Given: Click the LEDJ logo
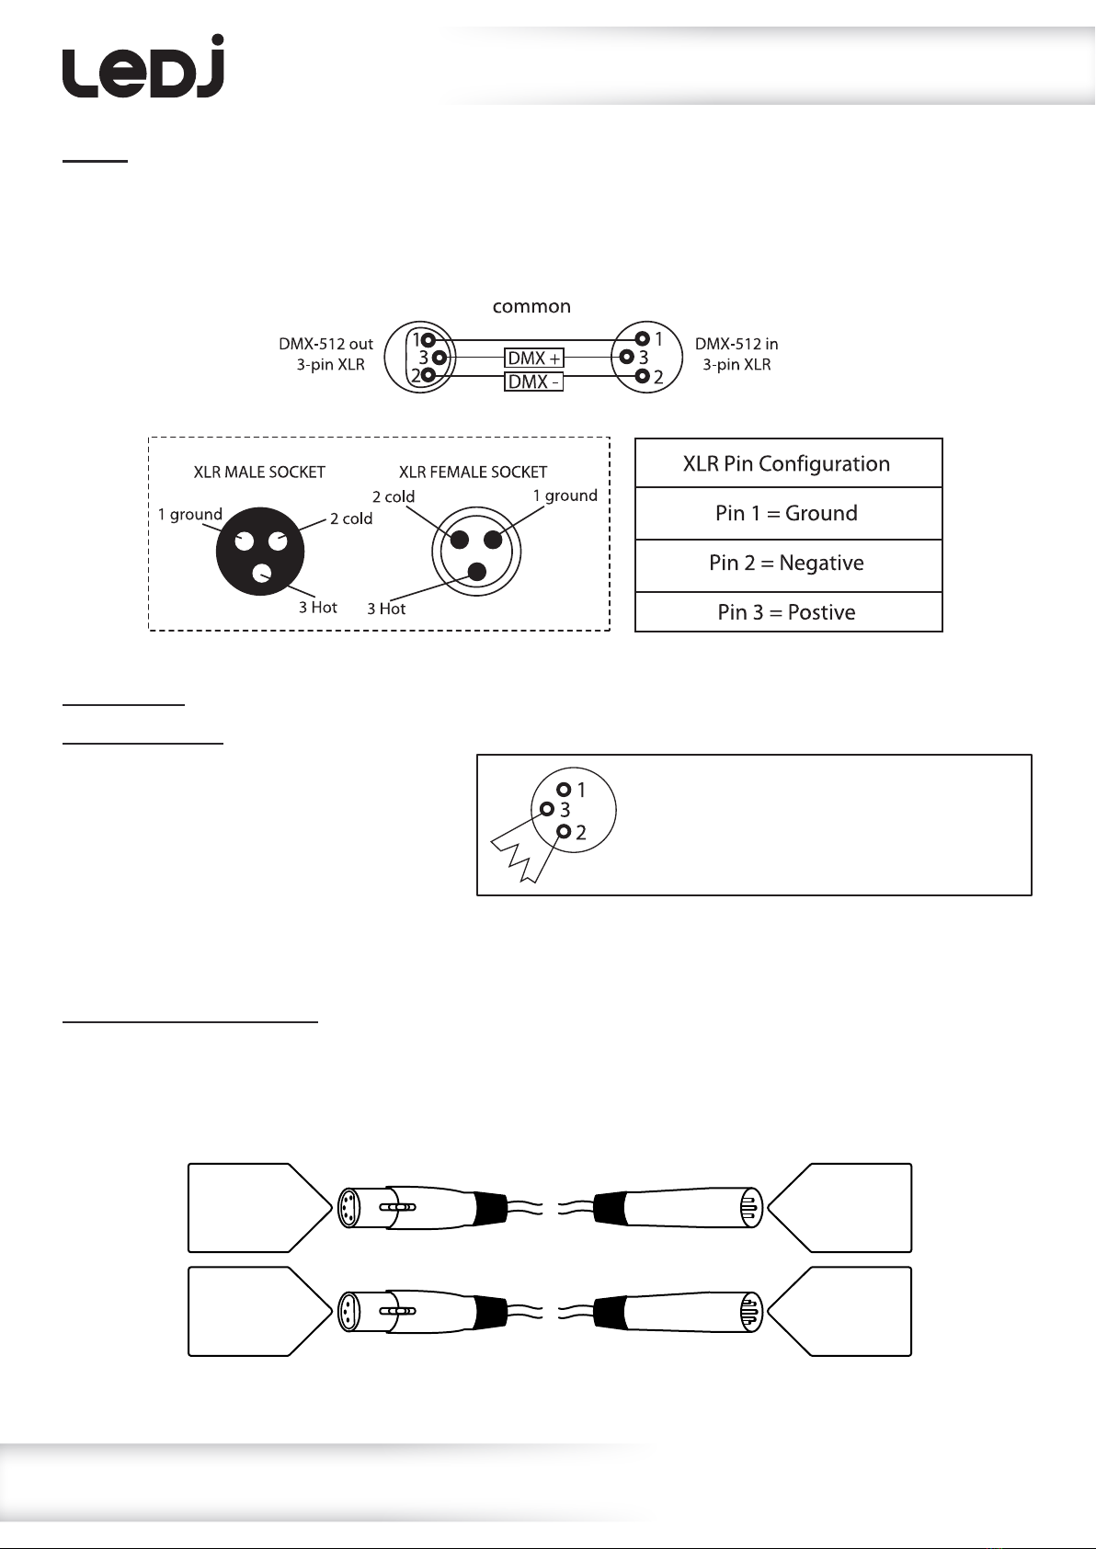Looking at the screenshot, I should (x=143, y=68).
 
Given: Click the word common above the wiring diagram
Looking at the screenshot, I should (x=531, y=306).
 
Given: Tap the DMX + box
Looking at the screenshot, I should (x=534, y=358).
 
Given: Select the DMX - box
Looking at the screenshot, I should (x=533, y=382).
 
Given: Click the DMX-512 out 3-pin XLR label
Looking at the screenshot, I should (x=326, y=354).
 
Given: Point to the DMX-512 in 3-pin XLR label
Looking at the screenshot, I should (x=736, y=354).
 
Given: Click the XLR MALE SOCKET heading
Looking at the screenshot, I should (x=259, y=472).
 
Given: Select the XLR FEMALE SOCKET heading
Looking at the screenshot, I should (x=473, y=472).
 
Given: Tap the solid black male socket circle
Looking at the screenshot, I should (x=260, y=552).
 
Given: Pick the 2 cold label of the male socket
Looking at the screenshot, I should (x=351, y=518).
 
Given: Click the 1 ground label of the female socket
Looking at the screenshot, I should (x=565, y=495).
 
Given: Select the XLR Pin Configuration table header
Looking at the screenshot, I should (x=788, y=463).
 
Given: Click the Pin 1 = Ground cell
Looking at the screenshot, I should (x=788, y=513).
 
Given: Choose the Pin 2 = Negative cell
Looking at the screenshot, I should (x=788, y=563).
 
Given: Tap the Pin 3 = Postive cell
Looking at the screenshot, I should (x=788, y=612).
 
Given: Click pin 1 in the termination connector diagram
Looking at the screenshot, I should (x=565, y=790).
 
